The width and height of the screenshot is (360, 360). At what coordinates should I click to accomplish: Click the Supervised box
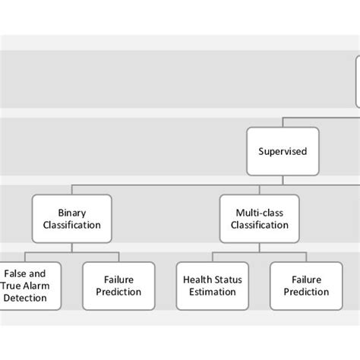point(283,151)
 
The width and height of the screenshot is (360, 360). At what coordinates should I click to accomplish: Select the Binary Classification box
point(72,219)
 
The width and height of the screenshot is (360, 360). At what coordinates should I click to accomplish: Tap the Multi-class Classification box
point(259,219)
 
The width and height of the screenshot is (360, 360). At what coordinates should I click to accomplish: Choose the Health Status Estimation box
point(213,286)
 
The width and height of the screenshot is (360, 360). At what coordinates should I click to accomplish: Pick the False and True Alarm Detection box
point(25,286)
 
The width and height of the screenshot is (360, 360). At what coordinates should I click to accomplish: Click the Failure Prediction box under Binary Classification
point(118,286)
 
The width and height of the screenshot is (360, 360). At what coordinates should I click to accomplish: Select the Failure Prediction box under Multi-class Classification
point(306,286)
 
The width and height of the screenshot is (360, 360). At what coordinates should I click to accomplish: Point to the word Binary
point(72,213)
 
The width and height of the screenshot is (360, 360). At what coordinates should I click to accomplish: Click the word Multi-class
point(259,213)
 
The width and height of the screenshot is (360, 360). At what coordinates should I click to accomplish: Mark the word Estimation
point(213,292)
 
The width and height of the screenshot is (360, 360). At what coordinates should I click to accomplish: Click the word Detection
point(25,298)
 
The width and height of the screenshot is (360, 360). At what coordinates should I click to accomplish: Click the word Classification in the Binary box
point(72,226)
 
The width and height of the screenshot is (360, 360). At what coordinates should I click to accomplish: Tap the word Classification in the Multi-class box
point(259,226)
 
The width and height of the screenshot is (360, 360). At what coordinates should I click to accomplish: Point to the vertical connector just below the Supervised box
point(283,178)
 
